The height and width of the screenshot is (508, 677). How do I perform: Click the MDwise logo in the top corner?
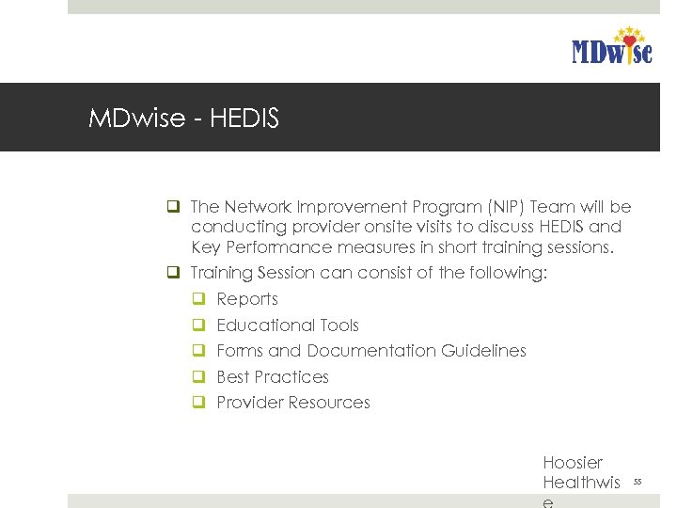click(611, 47)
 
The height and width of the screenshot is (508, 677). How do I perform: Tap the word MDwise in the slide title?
click(134, 119)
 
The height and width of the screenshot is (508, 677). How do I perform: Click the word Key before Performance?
click(206, 248)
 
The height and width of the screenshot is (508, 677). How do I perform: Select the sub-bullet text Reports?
click(247, 299)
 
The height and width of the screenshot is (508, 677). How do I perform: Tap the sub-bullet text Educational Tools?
click(288, 325)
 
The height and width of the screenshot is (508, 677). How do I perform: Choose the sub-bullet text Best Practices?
click(273, 377)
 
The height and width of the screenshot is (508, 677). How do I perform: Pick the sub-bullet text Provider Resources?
click(293, 403)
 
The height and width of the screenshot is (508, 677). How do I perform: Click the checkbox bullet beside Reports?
click(199, 299)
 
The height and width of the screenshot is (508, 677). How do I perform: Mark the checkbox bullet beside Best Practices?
click(199, 377)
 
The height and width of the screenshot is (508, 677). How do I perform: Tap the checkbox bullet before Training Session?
click(173, 274)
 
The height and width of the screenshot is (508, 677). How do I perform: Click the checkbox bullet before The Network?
click(173, 207)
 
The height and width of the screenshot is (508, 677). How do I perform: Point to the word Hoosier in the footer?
click(573, 463)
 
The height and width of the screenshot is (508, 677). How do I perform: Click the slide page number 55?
click(637, 483)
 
